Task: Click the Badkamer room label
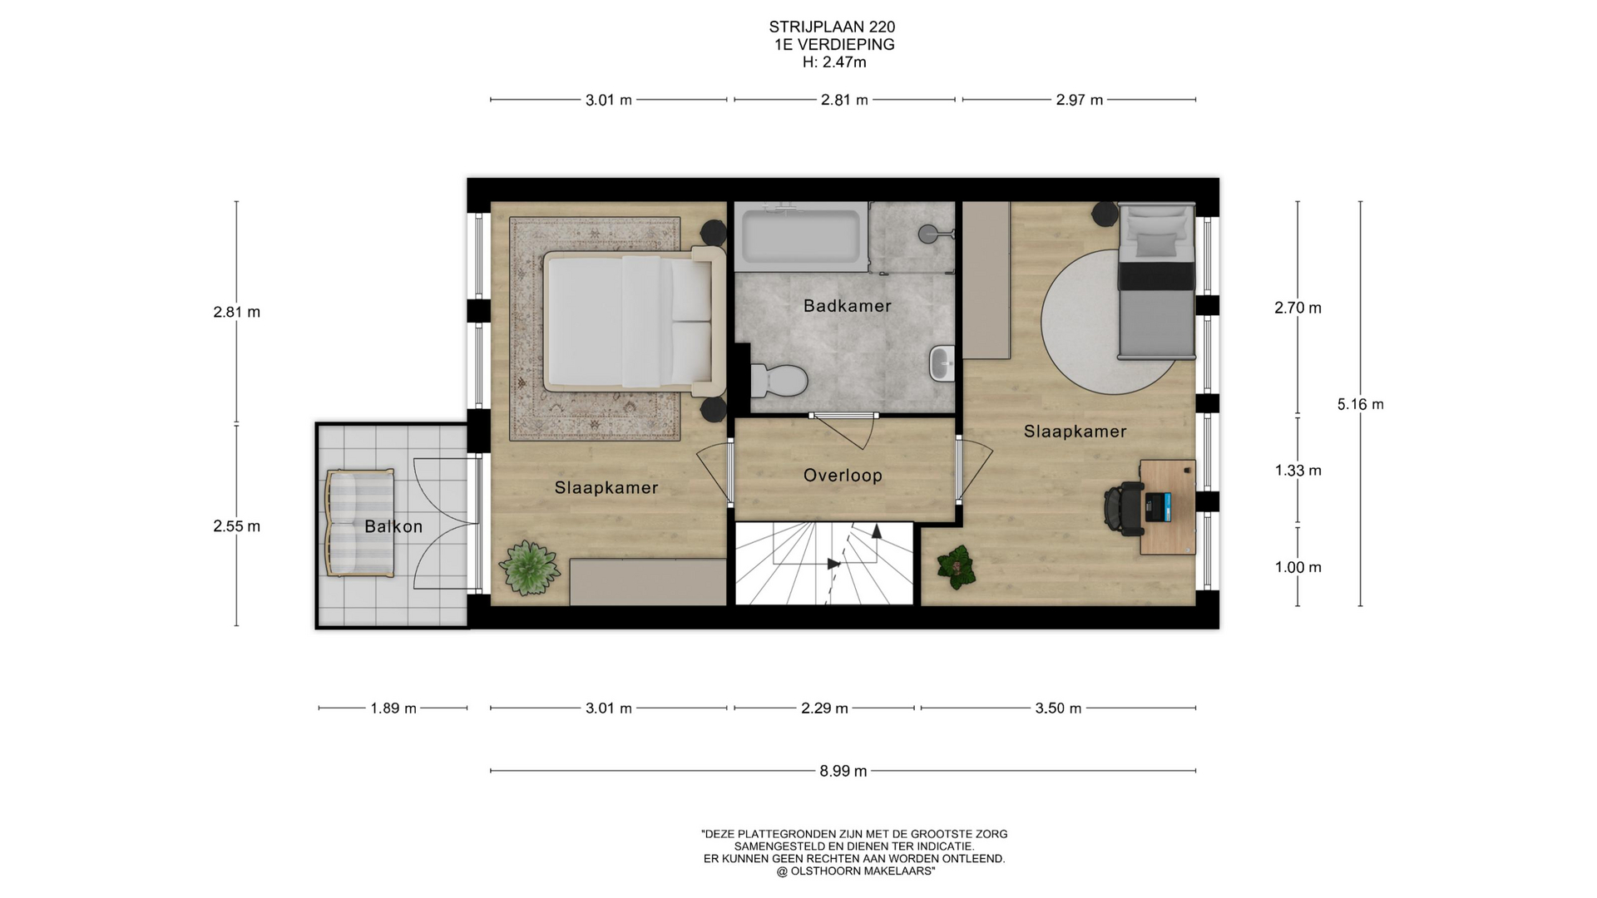coord(847,306)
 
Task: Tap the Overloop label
coord(843,476)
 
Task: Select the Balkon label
coord(393,526)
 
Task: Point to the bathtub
coord(801,236)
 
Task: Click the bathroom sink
coord(942,363)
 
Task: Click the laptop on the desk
coord(1158,506)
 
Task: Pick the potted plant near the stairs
coord(957,567)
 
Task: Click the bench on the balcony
coord(359,523)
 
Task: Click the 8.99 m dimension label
coord(843,771)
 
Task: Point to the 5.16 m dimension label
coord(1360,404)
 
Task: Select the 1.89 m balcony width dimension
coord(393,708)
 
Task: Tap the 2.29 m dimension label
coord(824,708)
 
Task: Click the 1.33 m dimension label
coord(1298,471)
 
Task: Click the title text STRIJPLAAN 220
coord(832,27)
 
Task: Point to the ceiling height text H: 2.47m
coord(834,62)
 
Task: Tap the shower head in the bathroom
coord(928,234)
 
